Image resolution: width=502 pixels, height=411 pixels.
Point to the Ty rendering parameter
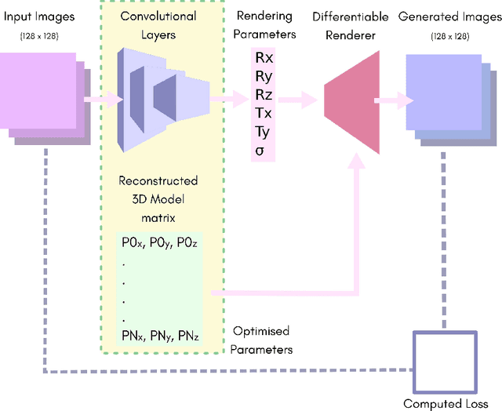tap(261, 132)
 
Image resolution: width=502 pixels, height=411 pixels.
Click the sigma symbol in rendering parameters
tap(260, 150)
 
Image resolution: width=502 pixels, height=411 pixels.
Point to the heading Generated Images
tap(441, 16)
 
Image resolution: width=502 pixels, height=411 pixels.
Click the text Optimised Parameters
tap(263, 339)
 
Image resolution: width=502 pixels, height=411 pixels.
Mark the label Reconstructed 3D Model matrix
tap(158, 198)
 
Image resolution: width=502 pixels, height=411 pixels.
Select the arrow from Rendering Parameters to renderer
tap(300, 100)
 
